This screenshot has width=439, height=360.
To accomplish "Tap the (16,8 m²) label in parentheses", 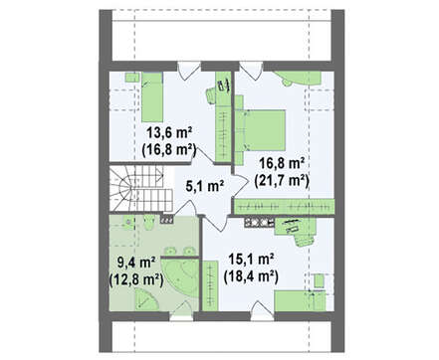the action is coord(169,149).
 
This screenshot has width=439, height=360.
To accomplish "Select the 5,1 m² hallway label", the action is coord(204,186).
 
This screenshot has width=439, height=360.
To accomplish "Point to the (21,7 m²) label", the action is coord(282,181).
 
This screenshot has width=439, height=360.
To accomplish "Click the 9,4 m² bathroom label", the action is coord(136,263).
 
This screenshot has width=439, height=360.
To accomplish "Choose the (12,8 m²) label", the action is coord(136,279).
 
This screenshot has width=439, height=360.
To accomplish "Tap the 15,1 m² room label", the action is coord(251,259).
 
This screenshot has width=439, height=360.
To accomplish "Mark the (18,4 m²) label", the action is coord(251,275).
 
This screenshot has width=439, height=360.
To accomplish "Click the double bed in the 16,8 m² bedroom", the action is coord(262,130).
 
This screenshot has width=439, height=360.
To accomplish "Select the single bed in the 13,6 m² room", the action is coord(152,97).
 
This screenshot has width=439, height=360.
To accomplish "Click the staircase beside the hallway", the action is coord(141,188).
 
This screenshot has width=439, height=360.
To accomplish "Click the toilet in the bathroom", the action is coord(149,223).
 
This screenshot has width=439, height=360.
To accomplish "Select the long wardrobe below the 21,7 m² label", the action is coord(284,206).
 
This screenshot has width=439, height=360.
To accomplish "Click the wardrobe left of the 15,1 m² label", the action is coord(210,285).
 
